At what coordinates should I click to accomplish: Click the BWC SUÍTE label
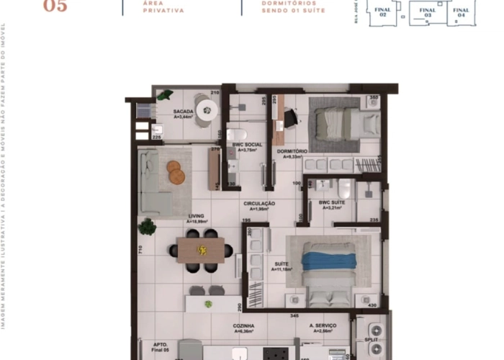333,204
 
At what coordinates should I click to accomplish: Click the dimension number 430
372,306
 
